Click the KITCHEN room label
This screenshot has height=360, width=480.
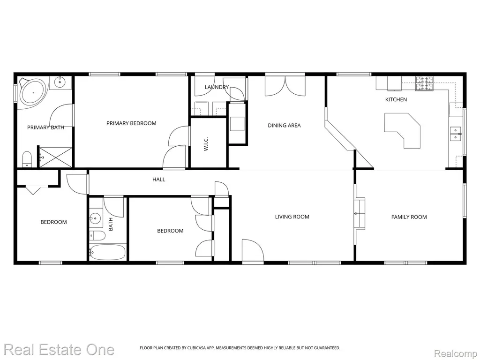396,99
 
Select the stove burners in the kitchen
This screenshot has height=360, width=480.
424,83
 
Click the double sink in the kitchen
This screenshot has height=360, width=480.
456,134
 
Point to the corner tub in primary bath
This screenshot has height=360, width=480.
32,92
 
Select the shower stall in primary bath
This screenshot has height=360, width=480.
55,157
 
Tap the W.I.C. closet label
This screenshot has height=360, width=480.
206,143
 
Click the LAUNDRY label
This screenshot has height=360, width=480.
217,87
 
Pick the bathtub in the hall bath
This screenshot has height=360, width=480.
107,252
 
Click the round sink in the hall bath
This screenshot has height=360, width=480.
95,218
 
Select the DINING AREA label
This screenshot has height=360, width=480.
284,125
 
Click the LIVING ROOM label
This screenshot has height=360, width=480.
292,217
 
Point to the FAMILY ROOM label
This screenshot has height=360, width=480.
409,217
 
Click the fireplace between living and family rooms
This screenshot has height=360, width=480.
360,214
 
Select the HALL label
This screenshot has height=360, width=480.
159,180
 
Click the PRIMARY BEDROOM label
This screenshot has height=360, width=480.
131,123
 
